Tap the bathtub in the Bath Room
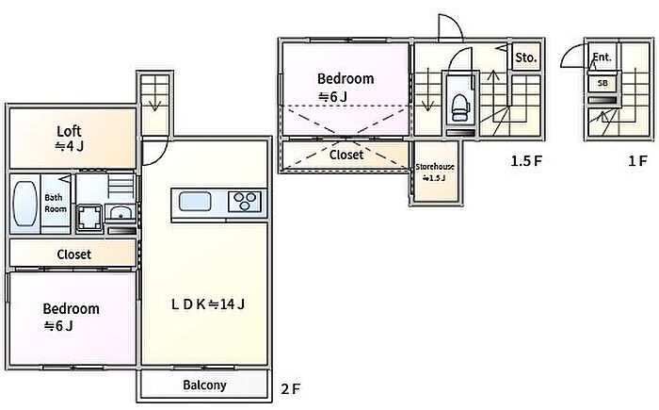(x=24, y=204)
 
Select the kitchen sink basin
(x=195, y=201)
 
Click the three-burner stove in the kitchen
(x=245, y=201)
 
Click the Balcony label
(x=204, y=385)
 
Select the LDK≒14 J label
(x=208, y=303)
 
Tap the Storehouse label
(x=435, y=167)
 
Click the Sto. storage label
(x=525, y=57)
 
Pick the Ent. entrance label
(x=602, y=57)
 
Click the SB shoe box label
(x=603, y=83)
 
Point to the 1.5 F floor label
(x=526, y=161)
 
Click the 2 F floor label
(x=291, y=388)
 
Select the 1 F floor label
(x=637, y=161)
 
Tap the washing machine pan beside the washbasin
(x=89, y=218)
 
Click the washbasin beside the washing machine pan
(x=120, y=213)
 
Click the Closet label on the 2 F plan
(x=74, y=254)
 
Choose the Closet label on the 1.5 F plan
(x=346, y=155)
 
